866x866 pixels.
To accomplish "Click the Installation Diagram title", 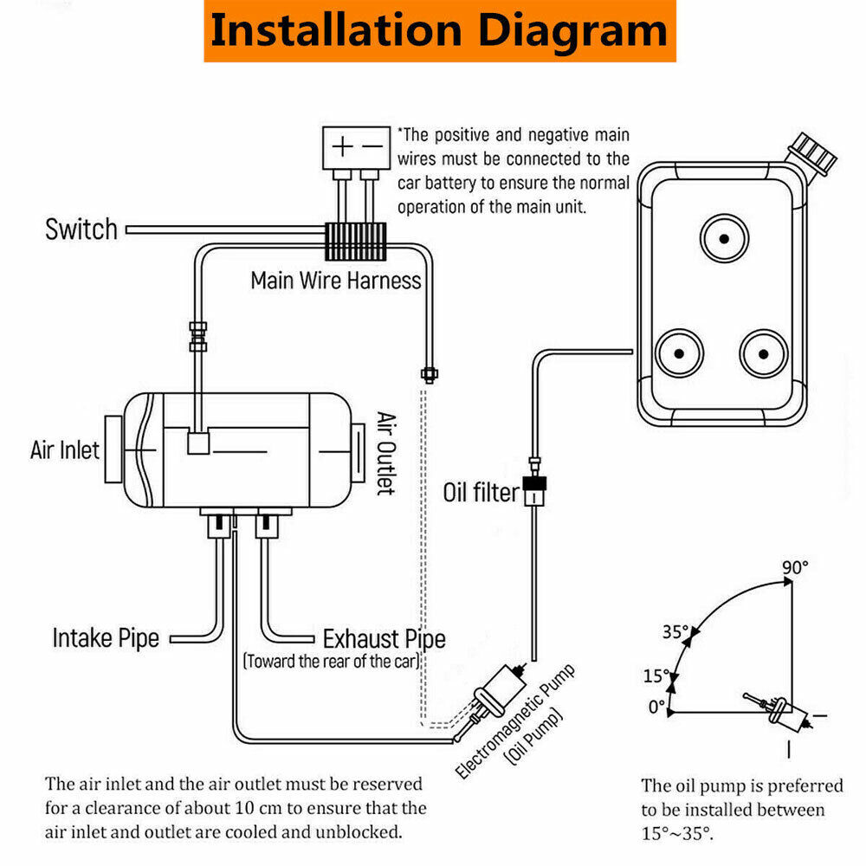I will pos(439,30).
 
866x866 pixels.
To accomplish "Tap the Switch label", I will pos(81,229).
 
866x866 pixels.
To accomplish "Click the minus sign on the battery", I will pos(372,146).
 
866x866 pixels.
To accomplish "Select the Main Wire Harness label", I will pos(335,281).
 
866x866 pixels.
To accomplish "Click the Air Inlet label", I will pos(65,450).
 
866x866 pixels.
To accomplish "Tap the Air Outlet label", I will pos(385,453).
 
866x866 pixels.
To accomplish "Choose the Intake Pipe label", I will pos(106,639).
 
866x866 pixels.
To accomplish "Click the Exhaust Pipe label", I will pos(384,640).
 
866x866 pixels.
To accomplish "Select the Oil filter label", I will pos(481,494).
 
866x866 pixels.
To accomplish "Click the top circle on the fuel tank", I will pos(723,236).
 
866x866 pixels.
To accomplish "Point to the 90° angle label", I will pos(794,566).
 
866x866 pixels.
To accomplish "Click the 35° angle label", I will pos(676,631).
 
